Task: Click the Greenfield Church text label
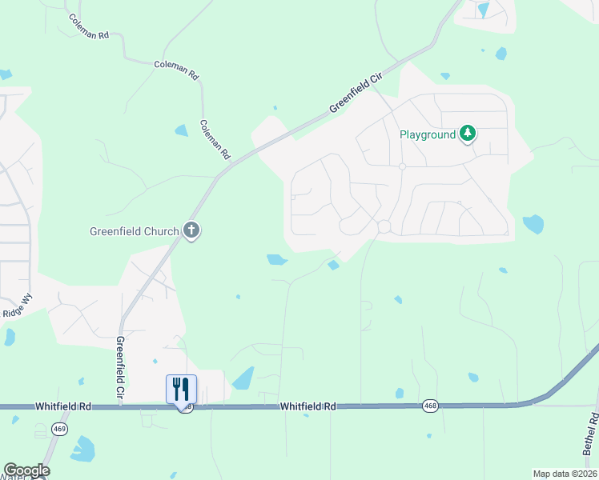coord(134,232)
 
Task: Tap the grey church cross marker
coord(191,231)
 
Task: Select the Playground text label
coord(428,134)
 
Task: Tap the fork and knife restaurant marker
coord(181,389)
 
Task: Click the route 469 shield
coord(58,429)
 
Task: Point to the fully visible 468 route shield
coord(430,407)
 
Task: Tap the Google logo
coord(26,470)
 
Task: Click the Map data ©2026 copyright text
coord(565,474)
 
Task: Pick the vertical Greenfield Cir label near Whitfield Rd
coord(120,368)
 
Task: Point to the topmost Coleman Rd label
coord(88,27)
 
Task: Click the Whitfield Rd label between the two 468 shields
coord(307,407)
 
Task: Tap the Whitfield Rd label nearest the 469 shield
coord(62,407)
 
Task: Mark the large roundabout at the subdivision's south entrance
coord(384,226)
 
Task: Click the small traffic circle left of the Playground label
coord(402,166)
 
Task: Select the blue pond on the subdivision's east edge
coord(533,224)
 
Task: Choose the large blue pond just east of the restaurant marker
coord(243,378)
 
